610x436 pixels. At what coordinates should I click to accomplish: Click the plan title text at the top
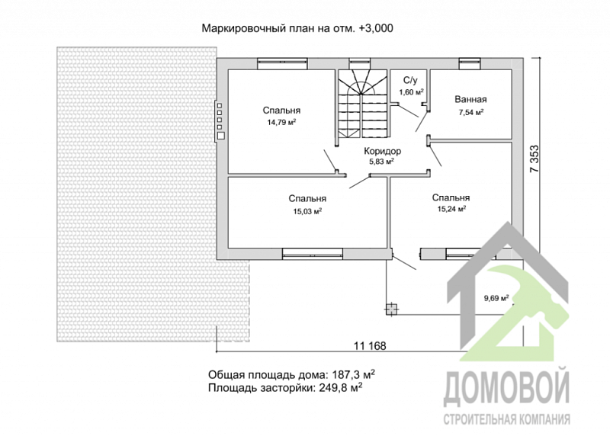pos(297,28)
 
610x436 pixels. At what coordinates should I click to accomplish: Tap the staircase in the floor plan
pos(362,103)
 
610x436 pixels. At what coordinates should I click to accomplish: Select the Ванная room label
pos(470,100)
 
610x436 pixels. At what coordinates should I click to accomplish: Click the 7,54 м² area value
pos(470,113)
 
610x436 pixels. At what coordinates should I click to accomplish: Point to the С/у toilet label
pos(410,80)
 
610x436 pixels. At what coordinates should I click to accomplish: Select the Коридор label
pos(382,151)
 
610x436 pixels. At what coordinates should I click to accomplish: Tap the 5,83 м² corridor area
pos(382,162)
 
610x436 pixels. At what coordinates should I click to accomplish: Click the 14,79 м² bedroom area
pos(281,121)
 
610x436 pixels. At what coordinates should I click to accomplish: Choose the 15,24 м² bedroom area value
pos(451,208)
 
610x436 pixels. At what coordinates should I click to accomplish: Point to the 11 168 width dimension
pos(370,345)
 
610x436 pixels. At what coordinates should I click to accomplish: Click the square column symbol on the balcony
pos(391,308)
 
